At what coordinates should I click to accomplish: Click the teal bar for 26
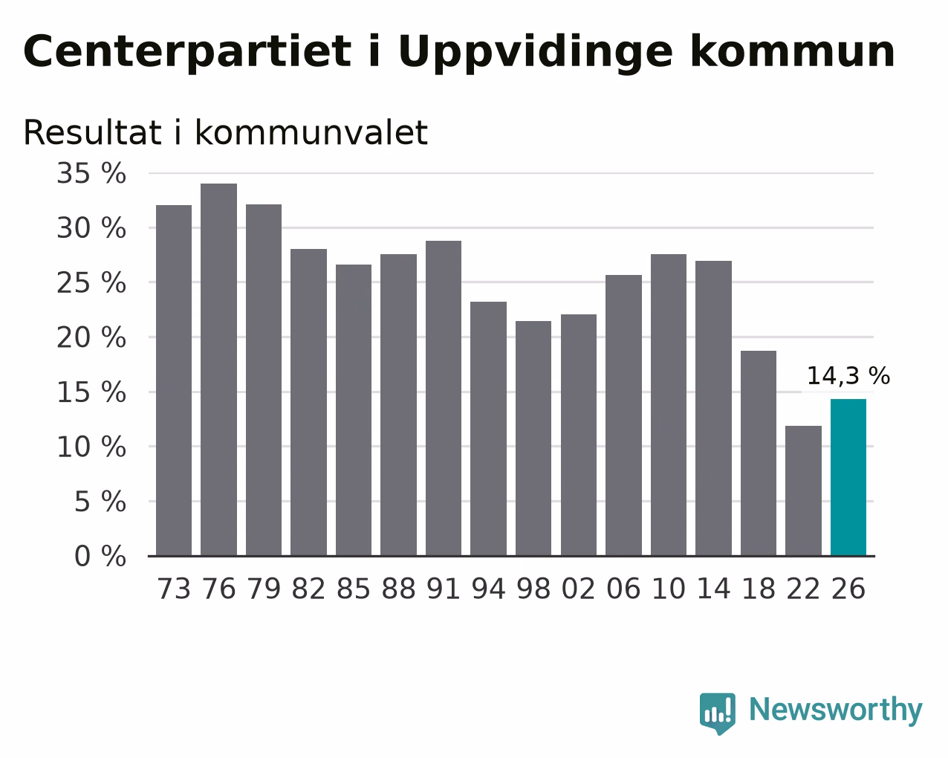(x=848, y=477)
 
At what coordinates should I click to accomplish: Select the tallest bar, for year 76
(x=218, y=369)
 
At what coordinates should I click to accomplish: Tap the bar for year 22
(x=803, y=490)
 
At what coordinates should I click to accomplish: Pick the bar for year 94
(x=488, y=428)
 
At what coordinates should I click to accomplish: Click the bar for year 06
(x=623, y=415)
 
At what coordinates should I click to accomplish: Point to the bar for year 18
(x=758, y=453)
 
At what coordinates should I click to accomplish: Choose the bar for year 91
(x=443, y=398)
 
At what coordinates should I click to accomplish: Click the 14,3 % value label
(x=848, y=376)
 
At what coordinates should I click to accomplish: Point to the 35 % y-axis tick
(x=91, y=173)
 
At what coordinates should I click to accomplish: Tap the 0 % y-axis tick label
(x=100, y=556)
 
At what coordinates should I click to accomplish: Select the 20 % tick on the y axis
(x=91, y=338)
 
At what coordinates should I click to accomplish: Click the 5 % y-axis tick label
(x=100, y=502)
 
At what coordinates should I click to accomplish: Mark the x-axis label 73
(x=174, y=589)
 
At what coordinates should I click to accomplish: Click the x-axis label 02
(x=579, y=589)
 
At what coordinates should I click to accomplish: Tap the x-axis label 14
(x=713, y=589)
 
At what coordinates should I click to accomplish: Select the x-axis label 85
(x=354, y=589)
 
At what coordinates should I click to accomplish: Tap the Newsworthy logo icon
(x=718, y=713)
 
